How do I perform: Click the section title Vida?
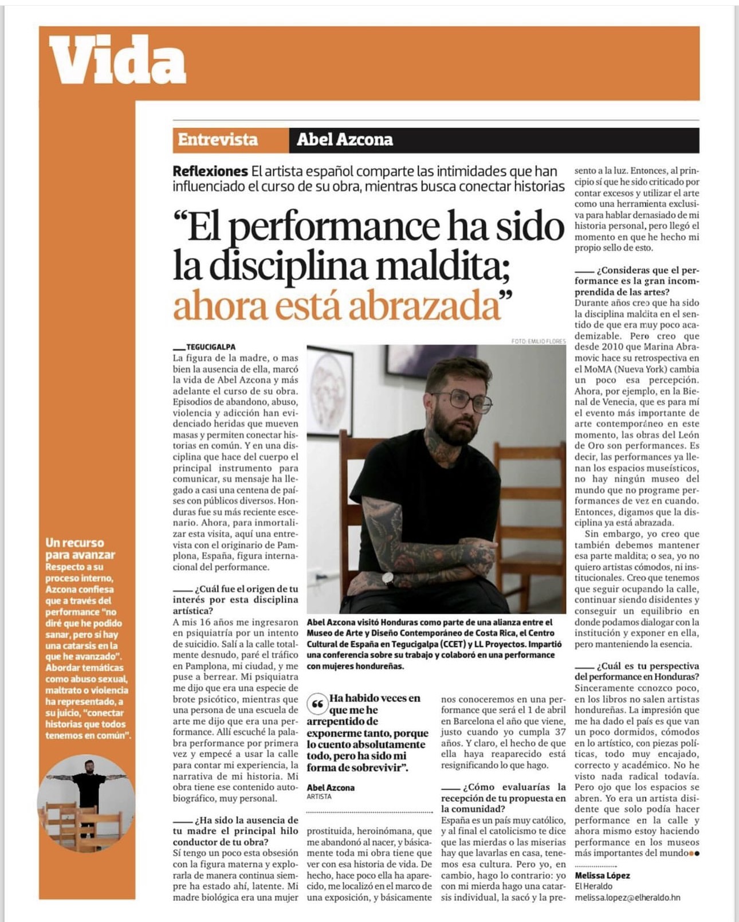click(x=117, y=60)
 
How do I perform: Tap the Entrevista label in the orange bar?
click(x=218, y=139)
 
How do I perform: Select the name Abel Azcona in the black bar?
click(x=344, y=139)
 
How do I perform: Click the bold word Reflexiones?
click(x=210, y=171)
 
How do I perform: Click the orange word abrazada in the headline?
click(x=424, y=307)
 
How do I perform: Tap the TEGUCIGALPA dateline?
click(x=210, y=347)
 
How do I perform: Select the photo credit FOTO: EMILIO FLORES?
click(x=538, y=342)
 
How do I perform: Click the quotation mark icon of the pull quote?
click(x=317, y=704)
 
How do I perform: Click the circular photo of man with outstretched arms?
click(x=86, y=802)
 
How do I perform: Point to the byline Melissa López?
click(x=602, y=876)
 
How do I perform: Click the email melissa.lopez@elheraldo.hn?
click(x=627, y=897)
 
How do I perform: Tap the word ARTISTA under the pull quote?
click(x=319, y=797)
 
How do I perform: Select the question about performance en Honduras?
click(x=636, y=672)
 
